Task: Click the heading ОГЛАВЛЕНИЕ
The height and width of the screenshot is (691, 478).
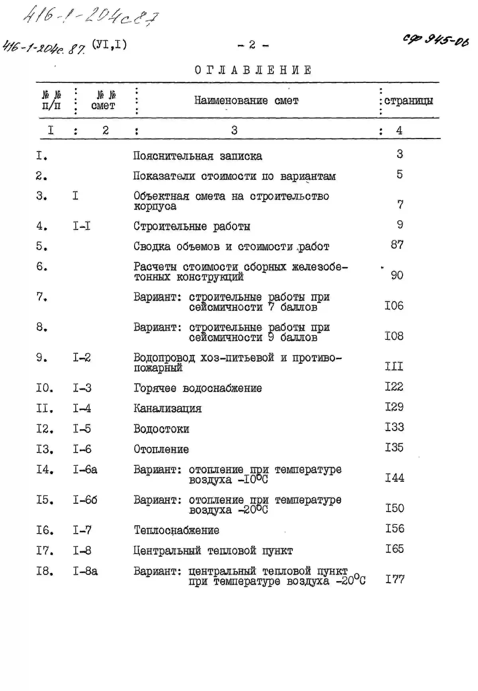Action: coord(253,70)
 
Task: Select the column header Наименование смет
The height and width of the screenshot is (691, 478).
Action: coord(246,101)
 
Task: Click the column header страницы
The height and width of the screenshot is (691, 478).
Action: coord(408,101)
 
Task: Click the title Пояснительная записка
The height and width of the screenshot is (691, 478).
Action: coord(198,156)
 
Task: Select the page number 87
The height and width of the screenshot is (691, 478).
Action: coord(397,245)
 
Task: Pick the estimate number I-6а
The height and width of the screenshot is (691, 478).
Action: coord(85,469)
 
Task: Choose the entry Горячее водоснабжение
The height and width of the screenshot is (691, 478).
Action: coord(198,388)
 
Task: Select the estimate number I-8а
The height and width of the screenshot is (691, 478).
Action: coord(85,571)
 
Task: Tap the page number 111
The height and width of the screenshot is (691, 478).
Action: coord(394,366)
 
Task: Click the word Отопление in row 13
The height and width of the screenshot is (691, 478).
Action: coord(161,449)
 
